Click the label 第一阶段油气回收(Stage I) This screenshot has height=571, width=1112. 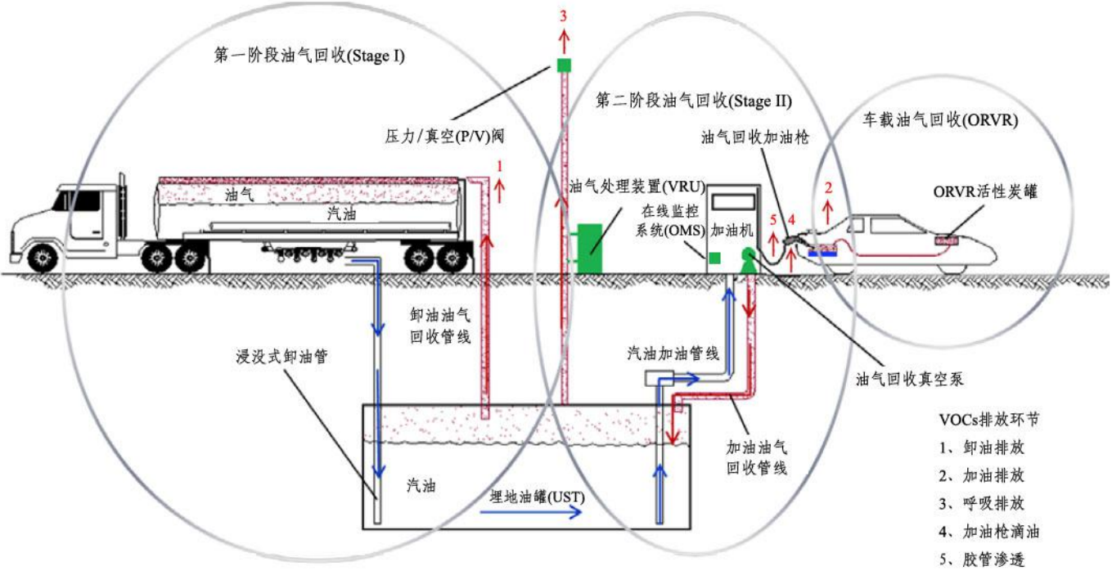(310, 56)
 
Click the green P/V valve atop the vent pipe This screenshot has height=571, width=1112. (564, 65)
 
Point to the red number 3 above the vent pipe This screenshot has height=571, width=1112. (563, 16)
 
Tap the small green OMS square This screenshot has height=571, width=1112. (714, 258)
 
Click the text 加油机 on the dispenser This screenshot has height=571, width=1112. (733, 231)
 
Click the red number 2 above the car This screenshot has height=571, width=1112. (828, 188)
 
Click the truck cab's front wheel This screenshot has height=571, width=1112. (40, 257)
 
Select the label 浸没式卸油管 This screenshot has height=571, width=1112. (280, 357)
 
